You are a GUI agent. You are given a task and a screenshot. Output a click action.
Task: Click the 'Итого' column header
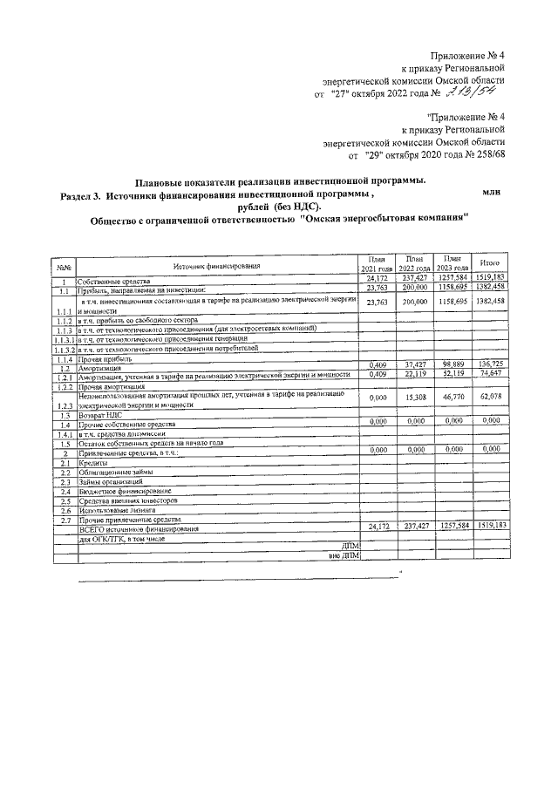(x=489, y=262)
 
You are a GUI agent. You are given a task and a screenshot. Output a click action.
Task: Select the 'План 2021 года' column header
(x=377, y=263)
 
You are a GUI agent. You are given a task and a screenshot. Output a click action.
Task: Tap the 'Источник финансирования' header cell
(x=216, y=266)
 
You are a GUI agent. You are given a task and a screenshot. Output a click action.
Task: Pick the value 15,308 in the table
(x=414, y=398)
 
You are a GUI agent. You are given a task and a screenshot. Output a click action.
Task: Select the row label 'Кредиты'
(x=92, y=464)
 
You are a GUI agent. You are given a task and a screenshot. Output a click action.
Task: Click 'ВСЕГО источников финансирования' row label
(x=138, y=529)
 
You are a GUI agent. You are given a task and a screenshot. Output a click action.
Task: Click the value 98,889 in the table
(x=452, y=364)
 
